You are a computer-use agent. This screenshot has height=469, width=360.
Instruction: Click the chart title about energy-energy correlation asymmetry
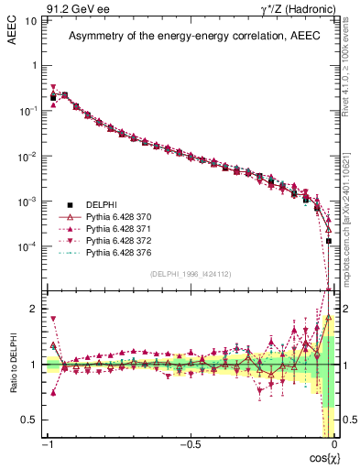click(190, 36)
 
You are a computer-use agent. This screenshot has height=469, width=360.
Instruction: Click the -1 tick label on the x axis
click(46, 445)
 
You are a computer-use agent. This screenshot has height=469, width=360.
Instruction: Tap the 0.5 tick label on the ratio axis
click(30, 420)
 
